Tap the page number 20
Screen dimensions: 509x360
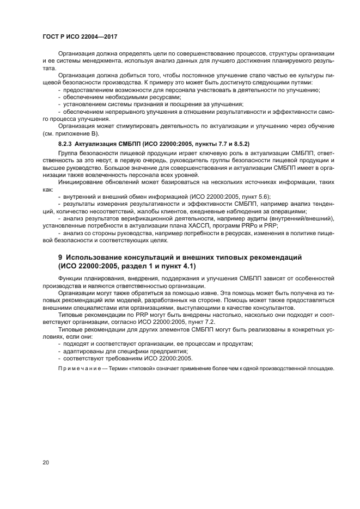(46, 462)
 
